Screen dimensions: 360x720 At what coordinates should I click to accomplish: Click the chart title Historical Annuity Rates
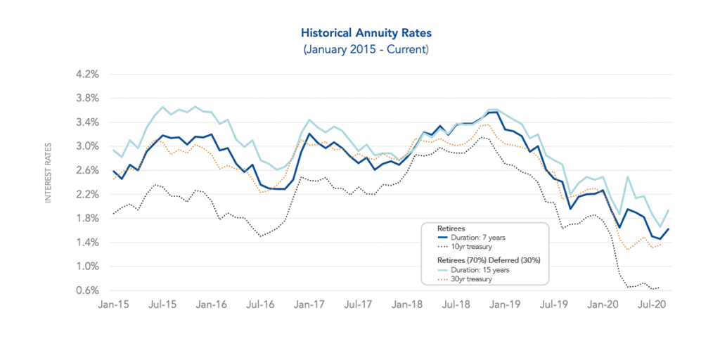click(366, 33)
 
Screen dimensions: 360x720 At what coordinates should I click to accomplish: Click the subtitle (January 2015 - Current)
click(366, 49)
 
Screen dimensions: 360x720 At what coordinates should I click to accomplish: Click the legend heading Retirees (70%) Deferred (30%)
click(484, 259)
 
